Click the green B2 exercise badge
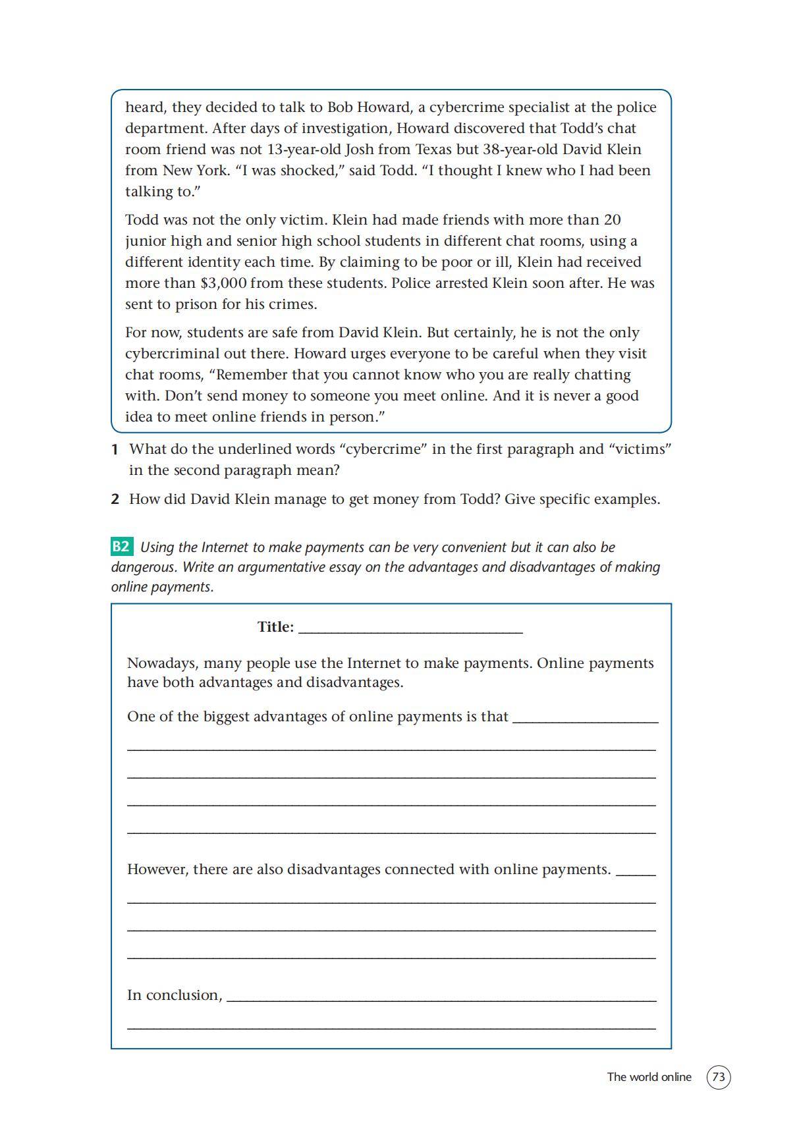121,547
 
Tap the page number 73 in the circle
719,1077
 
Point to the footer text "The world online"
649,1077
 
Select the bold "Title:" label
275,626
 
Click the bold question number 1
115,449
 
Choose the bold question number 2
115,499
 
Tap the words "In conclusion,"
175,995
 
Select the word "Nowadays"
161,663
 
